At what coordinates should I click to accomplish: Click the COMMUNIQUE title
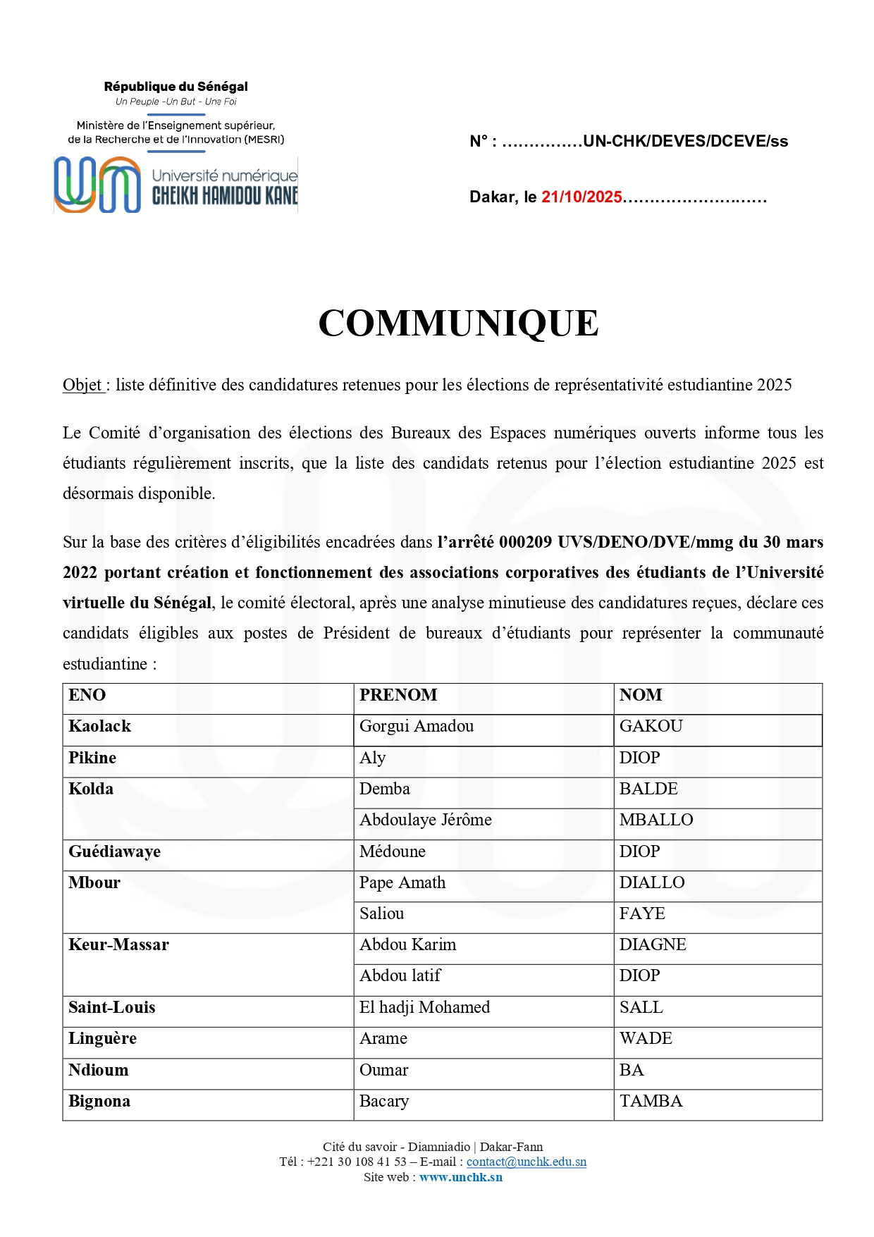pos(458,324)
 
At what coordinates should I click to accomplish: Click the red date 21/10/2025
pos(581,197)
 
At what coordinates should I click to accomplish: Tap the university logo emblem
pos(97,185)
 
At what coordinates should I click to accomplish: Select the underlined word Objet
pos(82,385)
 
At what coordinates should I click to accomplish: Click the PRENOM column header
pos(398,695)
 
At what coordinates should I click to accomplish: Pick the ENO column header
pos(87,695)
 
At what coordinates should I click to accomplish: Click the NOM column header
pos(641,695)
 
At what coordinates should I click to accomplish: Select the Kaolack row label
pos(100,726)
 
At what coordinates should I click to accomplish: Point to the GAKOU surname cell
pos(651,726)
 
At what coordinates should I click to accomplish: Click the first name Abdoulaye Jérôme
pos(426,820)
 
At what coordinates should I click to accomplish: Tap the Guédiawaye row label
pos(114,851)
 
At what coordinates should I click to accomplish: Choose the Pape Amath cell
pos(402,882)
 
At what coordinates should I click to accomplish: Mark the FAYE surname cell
pos(642,913)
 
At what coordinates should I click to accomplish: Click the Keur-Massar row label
pos(118,944)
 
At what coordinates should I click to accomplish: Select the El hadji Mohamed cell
pos(424,1007)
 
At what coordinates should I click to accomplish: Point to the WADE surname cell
pos(646,1038)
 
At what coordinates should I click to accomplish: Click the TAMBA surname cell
pos(651,1101)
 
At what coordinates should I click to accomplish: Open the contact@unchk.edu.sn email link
pos(526,1162)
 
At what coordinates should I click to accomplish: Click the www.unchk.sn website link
pos(461,1177)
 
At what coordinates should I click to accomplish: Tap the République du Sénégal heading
pos(176,87)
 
